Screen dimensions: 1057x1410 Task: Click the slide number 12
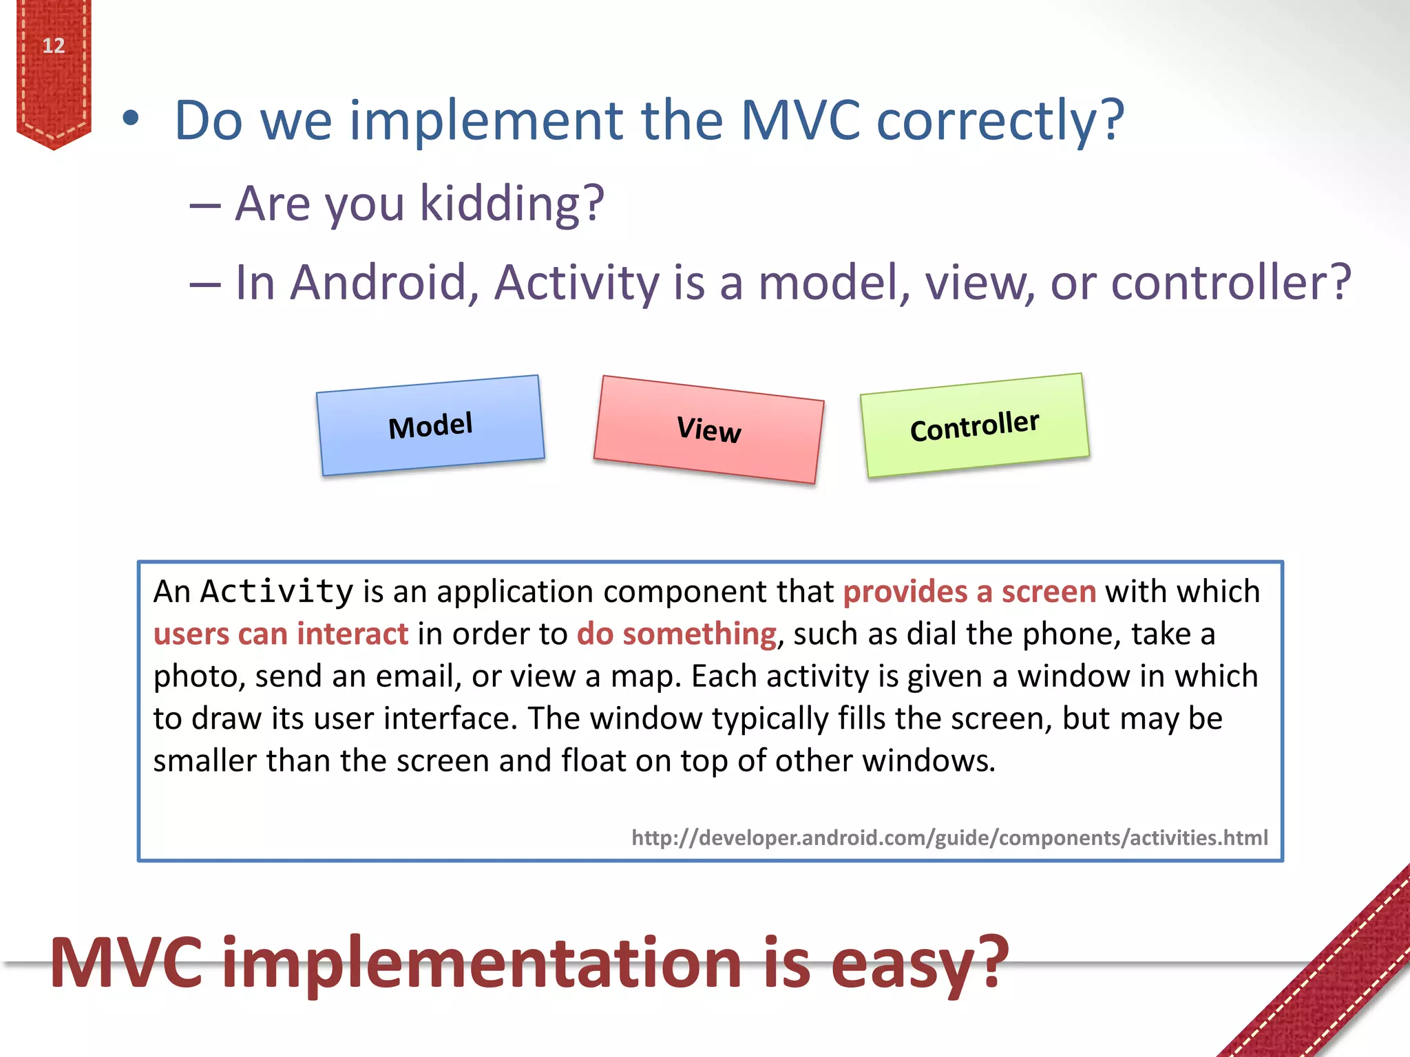tap(54, 46)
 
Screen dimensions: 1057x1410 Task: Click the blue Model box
tap(431, 425)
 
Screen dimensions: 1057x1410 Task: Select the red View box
tap(708, 429)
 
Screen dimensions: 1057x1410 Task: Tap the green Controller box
tap(974, 425)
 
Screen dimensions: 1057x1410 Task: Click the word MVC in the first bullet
tap(800, 121)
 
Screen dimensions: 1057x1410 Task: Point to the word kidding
tap(512, 204)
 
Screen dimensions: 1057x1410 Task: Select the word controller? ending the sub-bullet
tap(1232, 283)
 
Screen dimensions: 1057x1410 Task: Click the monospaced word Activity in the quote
tap(277, 591)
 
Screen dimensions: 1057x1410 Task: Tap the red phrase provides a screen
tap(969, 592)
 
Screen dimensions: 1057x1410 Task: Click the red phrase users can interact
tap(281, 634)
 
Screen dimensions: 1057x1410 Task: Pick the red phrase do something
tap(676, 634)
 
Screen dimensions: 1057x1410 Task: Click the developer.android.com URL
tap(949, 837)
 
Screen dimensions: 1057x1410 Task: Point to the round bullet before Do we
tap(131, 119)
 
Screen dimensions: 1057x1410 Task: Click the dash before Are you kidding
tap(205, 205)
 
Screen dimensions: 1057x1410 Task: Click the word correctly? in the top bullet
tap(1000, 121)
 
